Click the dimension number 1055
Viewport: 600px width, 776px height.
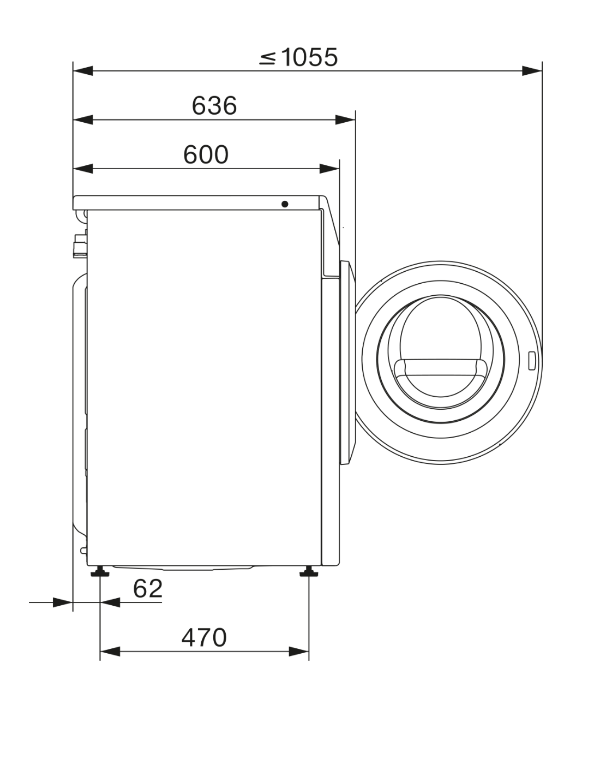coord(309,57)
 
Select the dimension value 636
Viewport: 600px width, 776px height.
coord(214,106)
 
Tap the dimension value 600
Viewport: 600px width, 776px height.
coord(206,154)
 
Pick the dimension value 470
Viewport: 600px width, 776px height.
coord(204,637)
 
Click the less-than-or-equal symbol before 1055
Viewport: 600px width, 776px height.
coord(268,58)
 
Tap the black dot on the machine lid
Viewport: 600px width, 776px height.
coord(285,204)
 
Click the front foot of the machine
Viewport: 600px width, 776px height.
coord(309,571)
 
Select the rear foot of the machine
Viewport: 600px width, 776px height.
coord(100,571)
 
